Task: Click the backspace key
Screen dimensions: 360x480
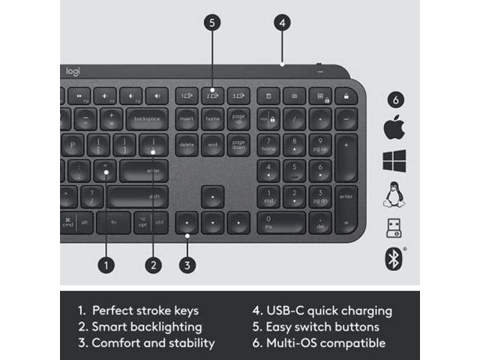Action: [x=148, y=119]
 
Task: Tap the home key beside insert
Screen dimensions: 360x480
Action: [x=213, y=119]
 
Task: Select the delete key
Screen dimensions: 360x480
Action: [x=187, y=143]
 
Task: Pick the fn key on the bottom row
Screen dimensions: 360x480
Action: [x=115, y=223]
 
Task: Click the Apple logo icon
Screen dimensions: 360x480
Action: [x=394, y=128]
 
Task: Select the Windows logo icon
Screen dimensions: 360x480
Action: [x=394, y=161]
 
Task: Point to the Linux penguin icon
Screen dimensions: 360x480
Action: [x=394, y=194]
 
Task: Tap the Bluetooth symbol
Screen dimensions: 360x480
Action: [x=394, y=259]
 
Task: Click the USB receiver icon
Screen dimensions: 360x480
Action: [x=394, y=227]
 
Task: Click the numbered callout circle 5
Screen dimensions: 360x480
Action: [x=213, y=23]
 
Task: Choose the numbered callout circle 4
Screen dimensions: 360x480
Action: [x=282, y=23]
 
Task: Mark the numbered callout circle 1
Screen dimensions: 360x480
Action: [x=106, y=265]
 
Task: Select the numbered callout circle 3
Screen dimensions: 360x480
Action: [x=187, y=265]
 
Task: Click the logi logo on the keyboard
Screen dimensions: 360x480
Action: [x=73, y=71]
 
